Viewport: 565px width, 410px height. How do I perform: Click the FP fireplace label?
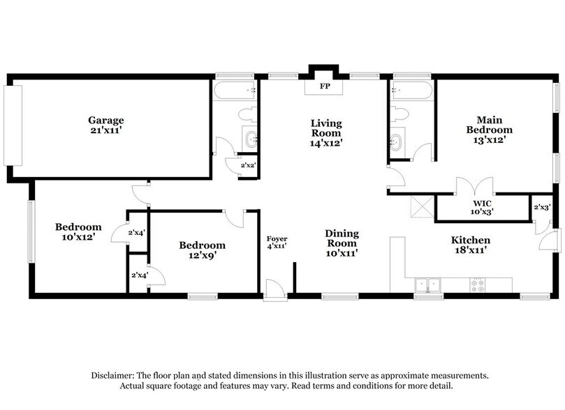(x=325, y=88)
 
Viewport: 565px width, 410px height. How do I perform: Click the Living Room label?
(x=326, y=128)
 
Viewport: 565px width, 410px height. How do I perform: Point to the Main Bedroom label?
(x=489, y=124)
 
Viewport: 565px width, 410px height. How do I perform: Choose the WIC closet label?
(x=482, y=204)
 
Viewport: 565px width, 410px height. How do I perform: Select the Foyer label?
(x=277, y=238)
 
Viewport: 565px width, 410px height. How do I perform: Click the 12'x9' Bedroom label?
(x=202, y=245)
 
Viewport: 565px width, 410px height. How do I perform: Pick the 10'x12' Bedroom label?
(x=78, y=227)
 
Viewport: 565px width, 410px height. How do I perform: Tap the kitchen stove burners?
(x=479, y=284)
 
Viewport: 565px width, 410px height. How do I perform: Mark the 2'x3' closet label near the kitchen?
(x=542, y=207)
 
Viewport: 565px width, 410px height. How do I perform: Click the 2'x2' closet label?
(x=247, y=166)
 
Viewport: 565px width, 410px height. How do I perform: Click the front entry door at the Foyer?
(x=276, y=290)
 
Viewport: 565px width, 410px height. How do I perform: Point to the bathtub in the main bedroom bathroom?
(x=412, y=90)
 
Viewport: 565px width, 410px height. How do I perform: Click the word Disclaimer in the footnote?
(x=115, y=374)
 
